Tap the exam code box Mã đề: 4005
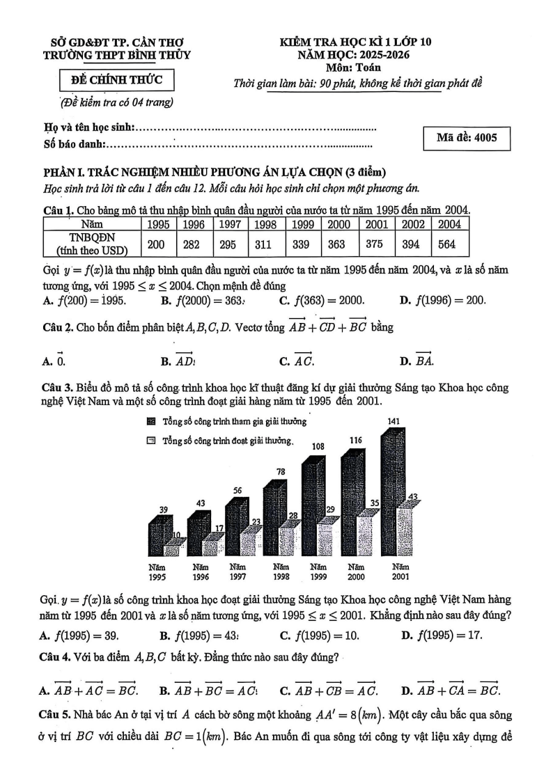point(466,138)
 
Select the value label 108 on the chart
point(317,446)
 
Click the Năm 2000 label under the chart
point(356,571)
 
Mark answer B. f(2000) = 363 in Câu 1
point(202,301)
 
